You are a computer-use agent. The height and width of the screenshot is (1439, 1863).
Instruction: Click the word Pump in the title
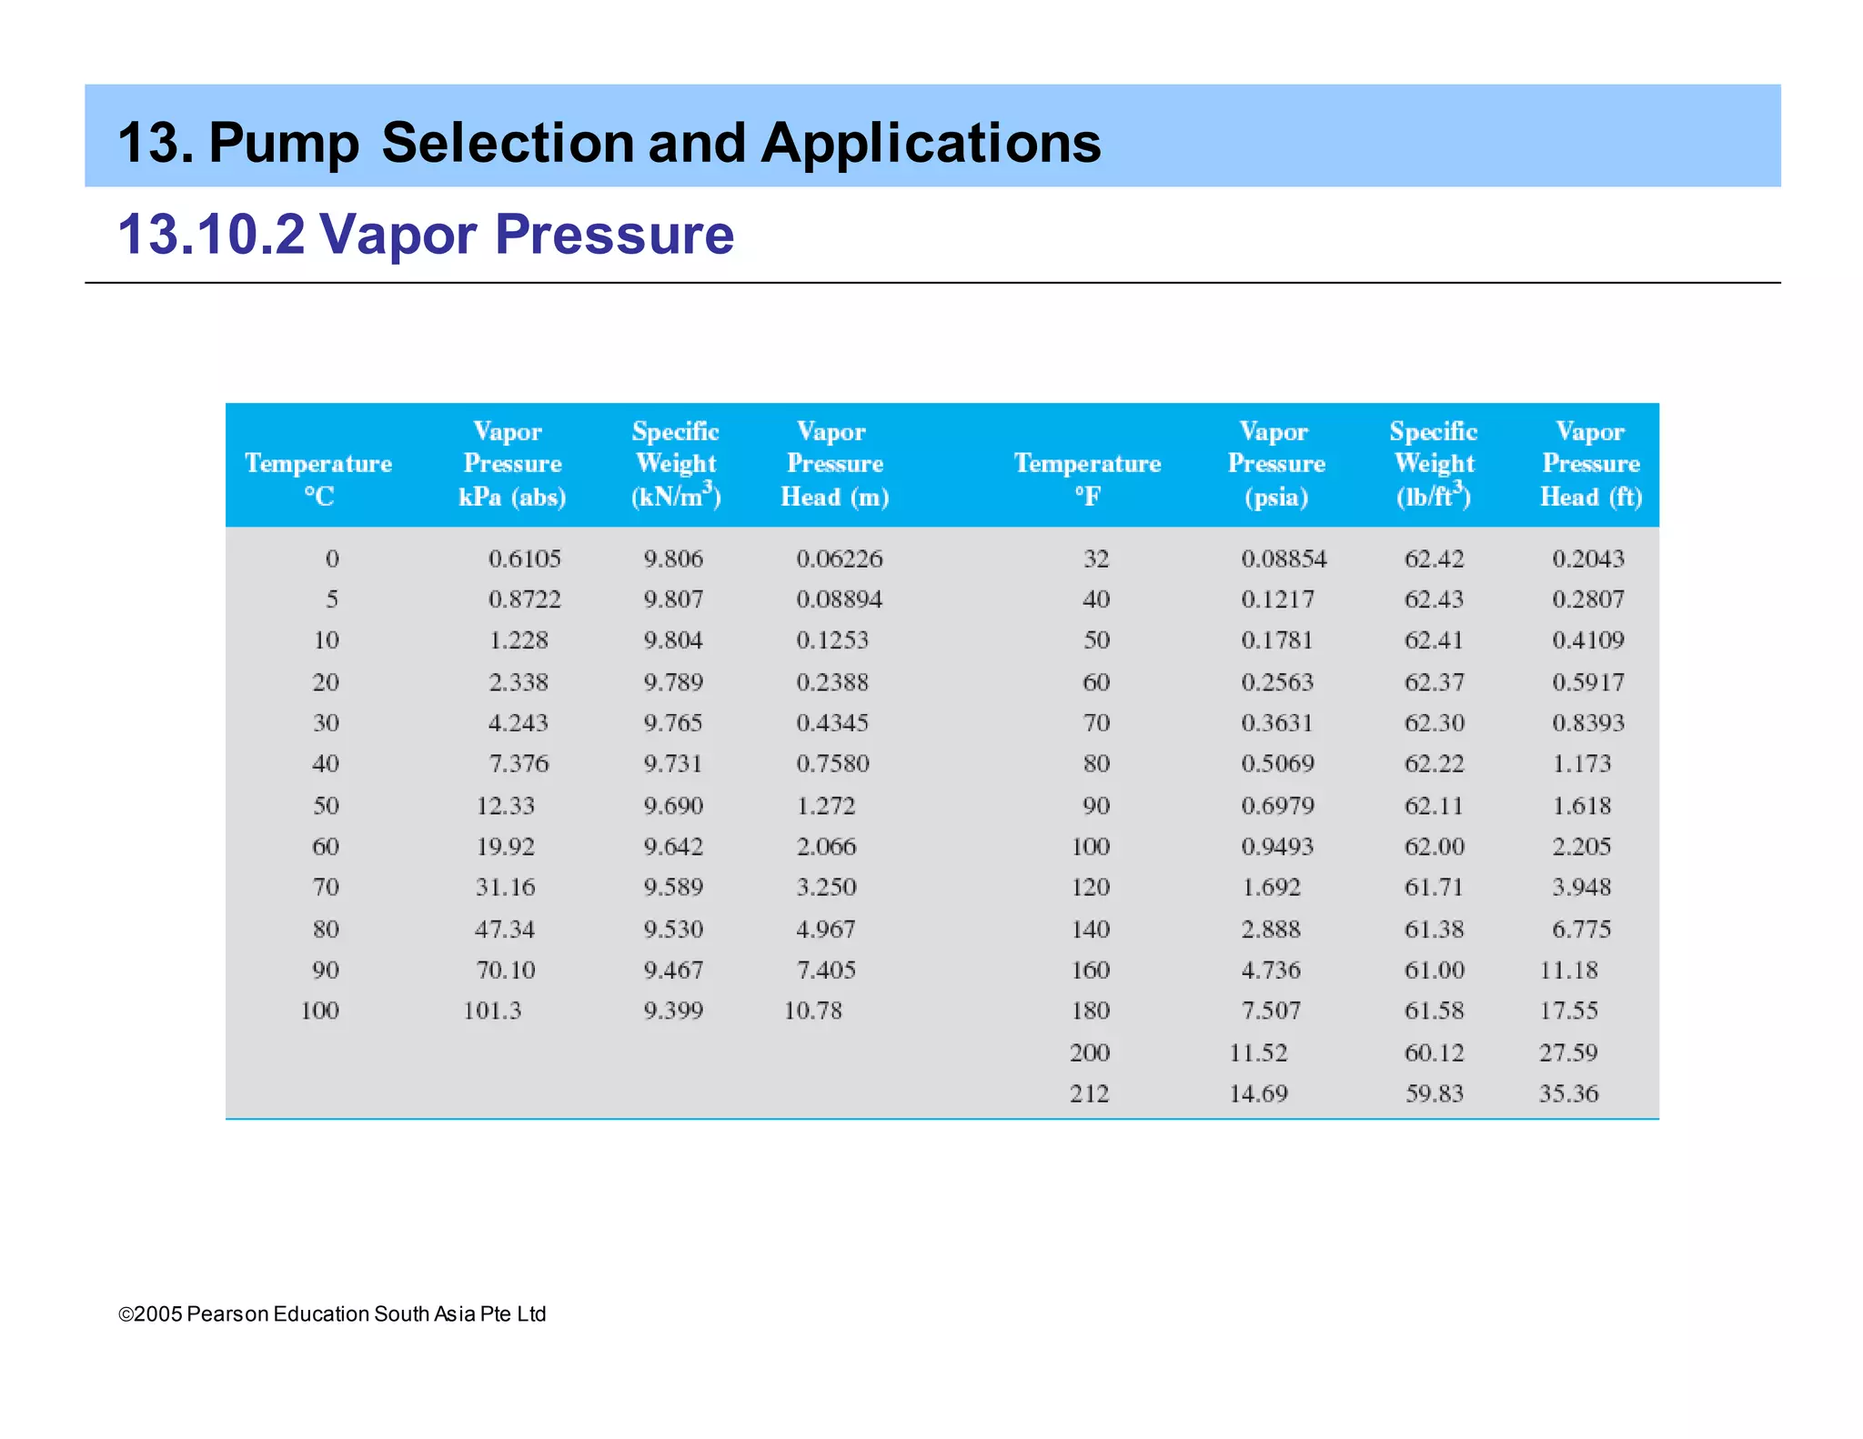(284, 144)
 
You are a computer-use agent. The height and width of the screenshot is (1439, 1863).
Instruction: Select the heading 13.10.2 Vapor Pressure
(426, 235)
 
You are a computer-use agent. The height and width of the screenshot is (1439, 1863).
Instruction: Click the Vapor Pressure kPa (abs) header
(512, 464)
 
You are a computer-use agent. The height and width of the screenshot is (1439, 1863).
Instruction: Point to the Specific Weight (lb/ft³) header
(1434, 464)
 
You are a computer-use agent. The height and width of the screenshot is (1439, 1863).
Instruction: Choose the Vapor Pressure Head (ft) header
(1591, 464)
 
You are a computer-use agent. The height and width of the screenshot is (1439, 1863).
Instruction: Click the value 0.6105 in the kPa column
(524, 558)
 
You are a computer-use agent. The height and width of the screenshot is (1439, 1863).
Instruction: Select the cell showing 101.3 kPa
(492, 1011)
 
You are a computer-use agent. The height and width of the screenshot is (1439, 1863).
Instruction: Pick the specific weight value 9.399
(673, 1011)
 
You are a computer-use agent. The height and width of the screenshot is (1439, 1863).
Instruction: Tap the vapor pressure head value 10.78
(813, 1011)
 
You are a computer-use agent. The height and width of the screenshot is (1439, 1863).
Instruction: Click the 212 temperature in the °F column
(1089, 1093)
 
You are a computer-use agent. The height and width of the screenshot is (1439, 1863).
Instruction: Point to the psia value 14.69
(1258, 1093)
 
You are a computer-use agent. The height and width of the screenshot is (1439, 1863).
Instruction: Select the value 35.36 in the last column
(1568, 1093)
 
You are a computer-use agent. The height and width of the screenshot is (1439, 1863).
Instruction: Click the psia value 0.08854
(1284, 558)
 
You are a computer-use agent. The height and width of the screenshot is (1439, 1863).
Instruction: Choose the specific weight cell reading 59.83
(1435, 1093)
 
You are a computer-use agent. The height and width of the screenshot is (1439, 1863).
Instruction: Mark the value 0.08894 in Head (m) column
(839, 599)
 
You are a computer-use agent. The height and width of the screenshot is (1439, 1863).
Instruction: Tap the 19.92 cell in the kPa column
(506, 847)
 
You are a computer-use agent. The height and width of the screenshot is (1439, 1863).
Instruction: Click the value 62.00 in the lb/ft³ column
(1435, 847)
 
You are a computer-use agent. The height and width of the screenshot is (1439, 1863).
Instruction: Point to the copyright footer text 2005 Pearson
(332, 1314)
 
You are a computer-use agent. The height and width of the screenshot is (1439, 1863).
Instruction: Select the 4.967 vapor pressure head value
(826, 930)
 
